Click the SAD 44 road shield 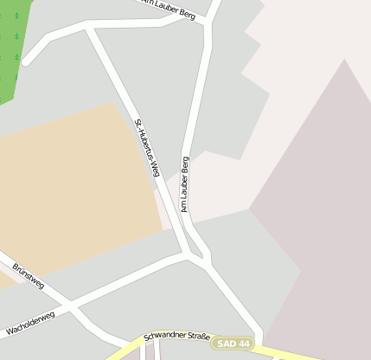point(233,344)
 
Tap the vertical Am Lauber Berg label point(184,183)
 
